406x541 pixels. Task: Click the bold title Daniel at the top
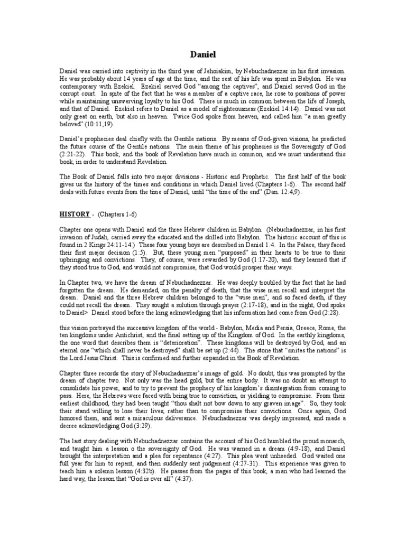click(202, 54)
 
